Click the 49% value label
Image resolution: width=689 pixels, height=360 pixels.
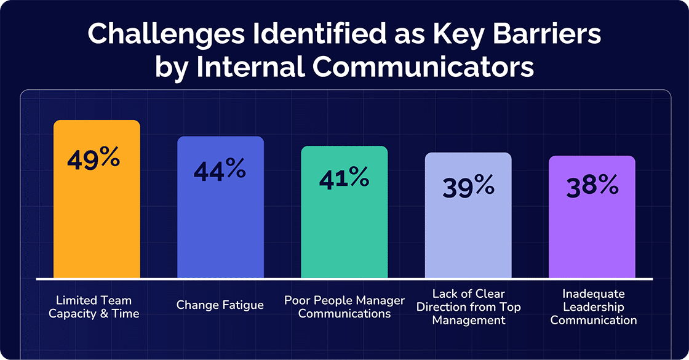click(x=94, y=159)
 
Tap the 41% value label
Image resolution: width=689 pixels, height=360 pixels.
click(x=344, y=178)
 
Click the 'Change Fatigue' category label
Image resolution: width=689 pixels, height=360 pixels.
click(x=220, y=305)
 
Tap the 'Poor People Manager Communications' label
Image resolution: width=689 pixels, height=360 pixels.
click(x=344, y=307)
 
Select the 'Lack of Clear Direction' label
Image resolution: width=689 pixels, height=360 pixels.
click(x=469, y=306)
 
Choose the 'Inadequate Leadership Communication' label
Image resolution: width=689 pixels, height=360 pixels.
click(x=593, y=306)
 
